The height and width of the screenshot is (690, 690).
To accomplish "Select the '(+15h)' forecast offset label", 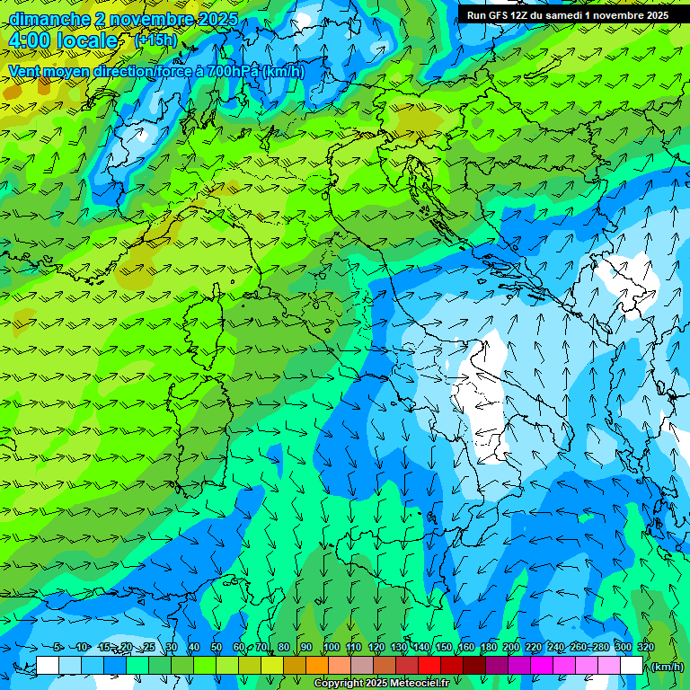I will click(155, 40).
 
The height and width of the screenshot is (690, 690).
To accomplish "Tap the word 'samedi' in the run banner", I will click(564, 15).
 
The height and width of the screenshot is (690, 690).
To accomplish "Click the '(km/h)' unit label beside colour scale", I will click(666, 667).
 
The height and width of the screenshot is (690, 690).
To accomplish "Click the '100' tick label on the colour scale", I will click(332, 648).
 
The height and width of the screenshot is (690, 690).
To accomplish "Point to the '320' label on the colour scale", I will click(645, 648).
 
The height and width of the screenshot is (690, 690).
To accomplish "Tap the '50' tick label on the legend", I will click(217, 648).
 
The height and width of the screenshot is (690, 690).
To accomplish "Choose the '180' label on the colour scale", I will click(488, 648).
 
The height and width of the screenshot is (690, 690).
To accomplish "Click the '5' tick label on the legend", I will click(57, 648).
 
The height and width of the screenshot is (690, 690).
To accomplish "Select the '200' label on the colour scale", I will click(511, 648).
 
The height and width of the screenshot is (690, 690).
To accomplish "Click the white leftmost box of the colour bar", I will click(48, 666).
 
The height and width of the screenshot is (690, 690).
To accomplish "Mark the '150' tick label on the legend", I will click(443, 648).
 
